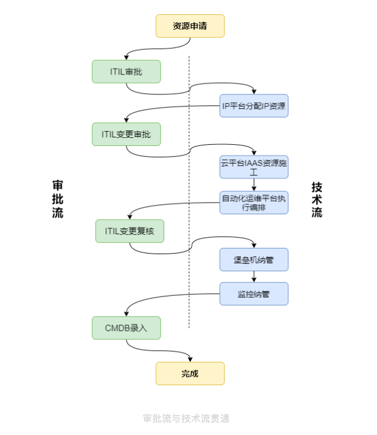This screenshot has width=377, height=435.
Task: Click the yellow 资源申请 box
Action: (x=190, y=26)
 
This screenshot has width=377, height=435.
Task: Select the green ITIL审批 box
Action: (x=126, y=72)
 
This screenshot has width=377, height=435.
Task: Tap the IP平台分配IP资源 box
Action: (x=254, y=106)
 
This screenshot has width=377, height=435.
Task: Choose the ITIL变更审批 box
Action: (x=126, y=135)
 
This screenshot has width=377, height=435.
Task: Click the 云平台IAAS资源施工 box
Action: (x=254, y=167)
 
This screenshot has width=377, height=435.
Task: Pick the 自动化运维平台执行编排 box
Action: (x=254, y=203)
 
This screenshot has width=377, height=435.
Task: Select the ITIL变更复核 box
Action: (x=130, y=231)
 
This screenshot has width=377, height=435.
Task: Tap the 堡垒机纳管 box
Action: (x=254, y=260)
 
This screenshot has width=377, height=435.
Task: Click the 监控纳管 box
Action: (x=254, y=294)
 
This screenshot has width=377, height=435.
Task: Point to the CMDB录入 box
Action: (x=126, y=328)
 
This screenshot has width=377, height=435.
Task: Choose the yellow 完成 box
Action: (x=190, y=373)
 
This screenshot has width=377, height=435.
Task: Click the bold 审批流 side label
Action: (x=58, y=199)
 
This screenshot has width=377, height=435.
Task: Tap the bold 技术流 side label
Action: (x=317, y=200)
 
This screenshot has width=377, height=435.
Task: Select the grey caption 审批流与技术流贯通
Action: (x=186, y=418)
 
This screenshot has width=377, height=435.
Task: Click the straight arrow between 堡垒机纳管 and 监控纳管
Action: (x=254, y=276)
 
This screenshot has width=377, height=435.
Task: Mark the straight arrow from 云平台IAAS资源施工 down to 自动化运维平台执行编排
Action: (x=254, y=185)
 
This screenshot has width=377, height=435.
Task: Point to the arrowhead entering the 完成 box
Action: (x=190, y=359)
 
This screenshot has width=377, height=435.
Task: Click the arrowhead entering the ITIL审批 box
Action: (x=126, y=57)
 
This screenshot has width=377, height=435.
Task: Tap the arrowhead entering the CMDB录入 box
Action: (x=126, y=314)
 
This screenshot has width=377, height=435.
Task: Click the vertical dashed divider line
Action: (x=189, y=192)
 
